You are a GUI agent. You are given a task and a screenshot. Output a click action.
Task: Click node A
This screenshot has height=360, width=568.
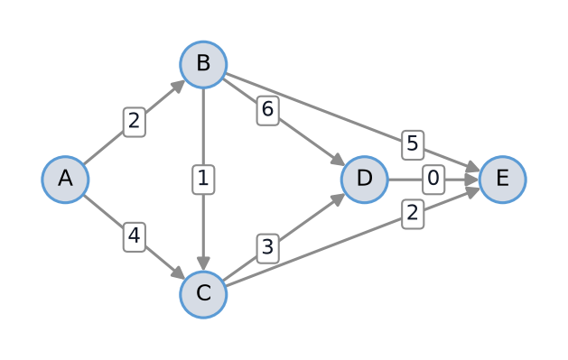coord(65,180)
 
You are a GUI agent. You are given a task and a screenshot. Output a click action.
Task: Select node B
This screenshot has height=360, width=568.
coord(203,64)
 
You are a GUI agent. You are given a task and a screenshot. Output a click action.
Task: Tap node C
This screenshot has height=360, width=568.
coord(203,294)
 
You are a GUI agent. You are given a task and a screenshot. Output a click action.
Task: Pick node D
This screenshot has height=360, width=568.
coord(365,180)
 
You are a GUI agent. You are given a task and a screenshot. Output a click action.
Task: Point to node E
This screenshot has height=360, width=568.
coord(503,180)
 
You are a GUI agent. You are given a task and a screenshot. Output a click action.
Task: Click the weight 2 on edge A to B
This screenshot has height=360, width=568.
coord(135,122)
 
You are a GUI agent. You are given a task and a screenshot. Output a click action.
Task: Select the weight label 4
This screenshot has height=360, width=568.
coord(135,237)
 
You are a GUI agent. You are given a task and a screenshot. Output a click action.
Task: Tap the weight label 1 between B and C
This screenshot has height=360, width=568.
coord(203,180)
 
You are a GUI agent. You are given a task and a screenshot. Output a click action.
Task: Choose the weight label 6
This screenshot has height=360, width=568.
coord(267,110)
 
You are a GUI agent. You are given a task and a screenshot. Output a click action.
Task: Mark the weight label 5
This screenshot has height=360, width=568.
coord(413,144)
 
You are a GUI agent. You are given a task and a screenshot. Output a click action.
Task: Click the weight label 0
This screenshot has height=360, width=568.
coord(433,180)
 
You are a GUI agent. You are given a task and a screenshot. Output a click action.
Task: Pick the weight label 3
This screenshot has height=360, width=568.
coord(267,248)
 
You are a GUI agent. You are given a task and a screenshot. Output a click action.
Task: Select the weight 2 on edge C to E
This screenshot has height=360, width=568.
coord(413,214)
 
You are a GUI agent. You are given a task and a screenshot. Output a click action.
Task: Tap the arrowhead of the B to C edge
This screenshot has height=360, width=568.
coord(203,263)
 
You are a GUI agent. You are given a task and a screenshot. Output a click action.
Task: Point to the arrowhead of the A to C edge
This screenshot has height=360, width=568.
coord(178,272)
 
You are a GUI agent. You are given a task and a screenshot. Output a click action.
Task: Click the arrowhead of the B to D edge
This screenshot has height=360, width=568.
coord(339,161)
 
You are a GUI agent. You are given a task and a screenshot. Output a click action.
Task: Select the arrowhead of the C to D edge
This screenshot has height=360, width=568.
coord(339,198)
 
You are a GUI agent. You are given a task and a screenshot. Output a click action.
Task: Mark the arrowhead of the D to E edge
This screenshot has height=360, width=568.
coord(472,180)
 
